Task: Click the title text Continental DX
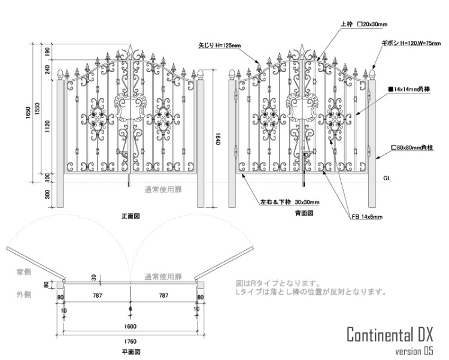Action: (x=389, y=334)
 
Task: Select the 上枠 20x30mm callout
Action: (x=363, y=25)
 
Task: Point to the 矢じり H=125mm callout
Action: (x=219, y=45)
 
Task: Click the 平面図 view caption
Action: (x=131, y=353)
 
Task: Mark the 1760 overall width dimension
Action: (x=131, y=341)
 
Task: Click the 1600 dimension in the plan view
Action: (x=131, y=326)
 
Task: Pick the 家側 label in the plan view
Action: (x=24, y=273)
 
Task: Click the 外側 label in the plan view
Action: (x=24, y=295)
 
